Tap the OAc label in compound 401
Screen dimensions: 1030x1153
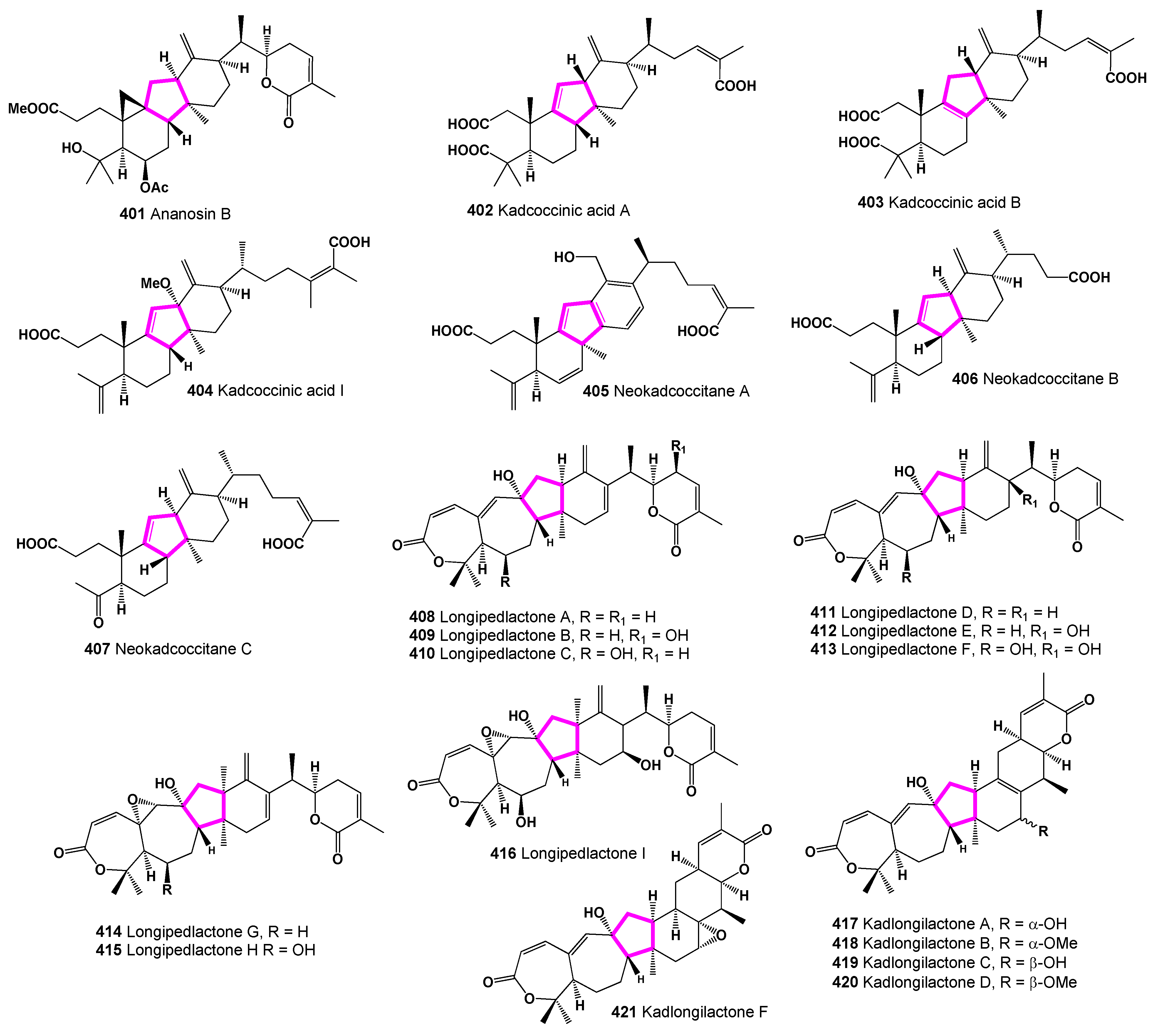coord(154,187)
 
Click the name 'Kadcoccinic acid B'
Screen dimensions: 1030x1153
coord(954,203)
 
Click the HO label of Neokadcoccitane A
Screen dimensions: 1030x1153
coord(564,258)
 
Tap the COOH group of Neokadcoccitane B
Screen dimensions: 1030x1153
coord(1089,277)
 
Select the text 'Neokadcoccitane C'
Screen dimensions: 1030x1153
coord(183,648)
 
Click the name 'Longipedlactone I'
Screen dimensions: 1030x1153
coord(583,853)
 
